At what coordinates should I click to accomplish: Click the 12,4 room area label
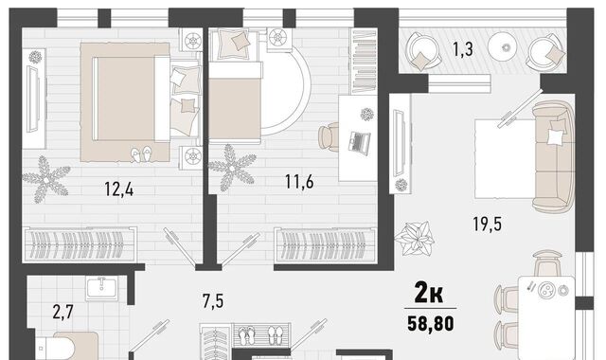[119, 189]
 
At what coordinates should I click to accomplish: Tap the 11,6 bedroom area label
[299, 181]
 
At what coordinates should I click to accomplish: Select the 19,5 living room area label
[488, 224]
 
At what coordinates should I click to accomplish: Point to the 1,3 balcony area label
[463, 49]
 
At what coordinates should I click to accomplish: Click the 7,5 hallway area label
[213, 301]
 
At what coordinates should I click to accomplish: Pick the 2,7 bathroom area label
[63, 312]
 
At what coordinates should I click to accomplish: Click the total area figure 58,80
[431, 324]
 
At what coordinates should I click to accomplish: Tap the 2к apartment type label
[429, 293]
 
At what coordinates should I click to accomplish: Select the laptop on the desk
[360, 143]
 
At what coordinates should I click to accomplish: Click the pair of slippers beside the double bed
[141, 153]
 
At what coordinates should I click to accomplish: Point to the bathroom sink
[101, 288]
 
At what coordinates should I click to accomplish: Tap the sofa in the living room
[553, 156]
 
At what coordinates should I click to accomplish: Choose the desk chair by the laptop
[329, 136]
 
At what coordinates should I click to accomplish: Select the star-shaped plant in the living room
[415, 238]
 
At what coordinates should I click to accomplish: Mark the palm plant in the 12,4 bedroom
[46, 179]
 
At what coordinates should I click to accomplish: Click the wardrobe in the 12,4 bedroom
[80, 244]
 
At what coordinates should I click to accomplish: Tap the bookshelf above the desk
[364, 61]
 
